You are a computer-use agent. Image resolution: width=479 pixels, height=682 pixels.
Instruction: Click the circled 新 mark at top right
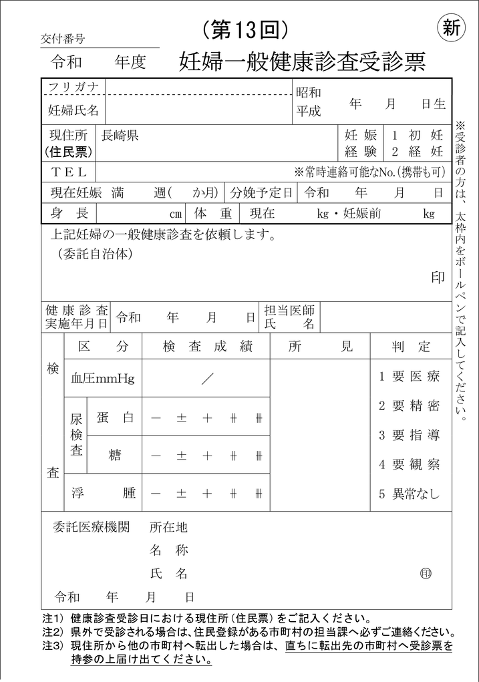(x=452, y=28)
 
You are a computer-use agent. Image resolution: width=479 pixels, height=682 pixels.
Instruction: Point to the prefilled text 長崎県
(x=120, y=136)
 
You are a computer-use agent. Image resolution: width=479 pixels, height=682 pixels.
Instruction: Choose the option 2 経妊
(x=417, y=151)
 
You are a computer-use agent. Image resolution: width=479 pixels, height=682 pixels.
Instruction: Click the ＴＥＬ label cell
(x=69, y=172)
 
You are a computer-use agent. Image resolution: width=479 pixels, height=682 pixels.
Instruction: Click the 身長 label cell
(x=69, y=214)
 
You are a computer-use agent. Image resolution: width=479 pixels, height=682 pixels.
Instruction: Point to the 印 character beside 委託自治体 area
(x=438, y=278)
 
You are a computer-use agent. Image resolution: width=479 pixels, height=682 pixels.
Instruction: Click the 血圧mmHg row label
(x=103, y=379)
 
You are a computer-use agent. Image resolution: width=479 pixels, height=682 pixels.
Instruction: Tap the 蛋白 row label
(x=115, y=417)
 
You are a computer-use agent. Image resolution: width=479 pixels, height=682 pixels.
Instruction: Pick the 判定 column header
(x=411, y=347)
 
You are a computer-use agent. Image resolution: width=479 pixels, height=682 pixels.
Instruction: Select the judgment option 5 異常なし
(x=410, y=494)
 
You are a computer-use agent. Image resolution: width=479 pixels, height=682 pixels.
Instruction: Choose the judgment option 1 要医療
(x=410, y=376)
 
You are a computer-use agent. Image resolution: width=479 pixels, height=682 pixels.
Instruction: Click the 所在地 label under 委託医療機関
(x=168, y=528)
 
